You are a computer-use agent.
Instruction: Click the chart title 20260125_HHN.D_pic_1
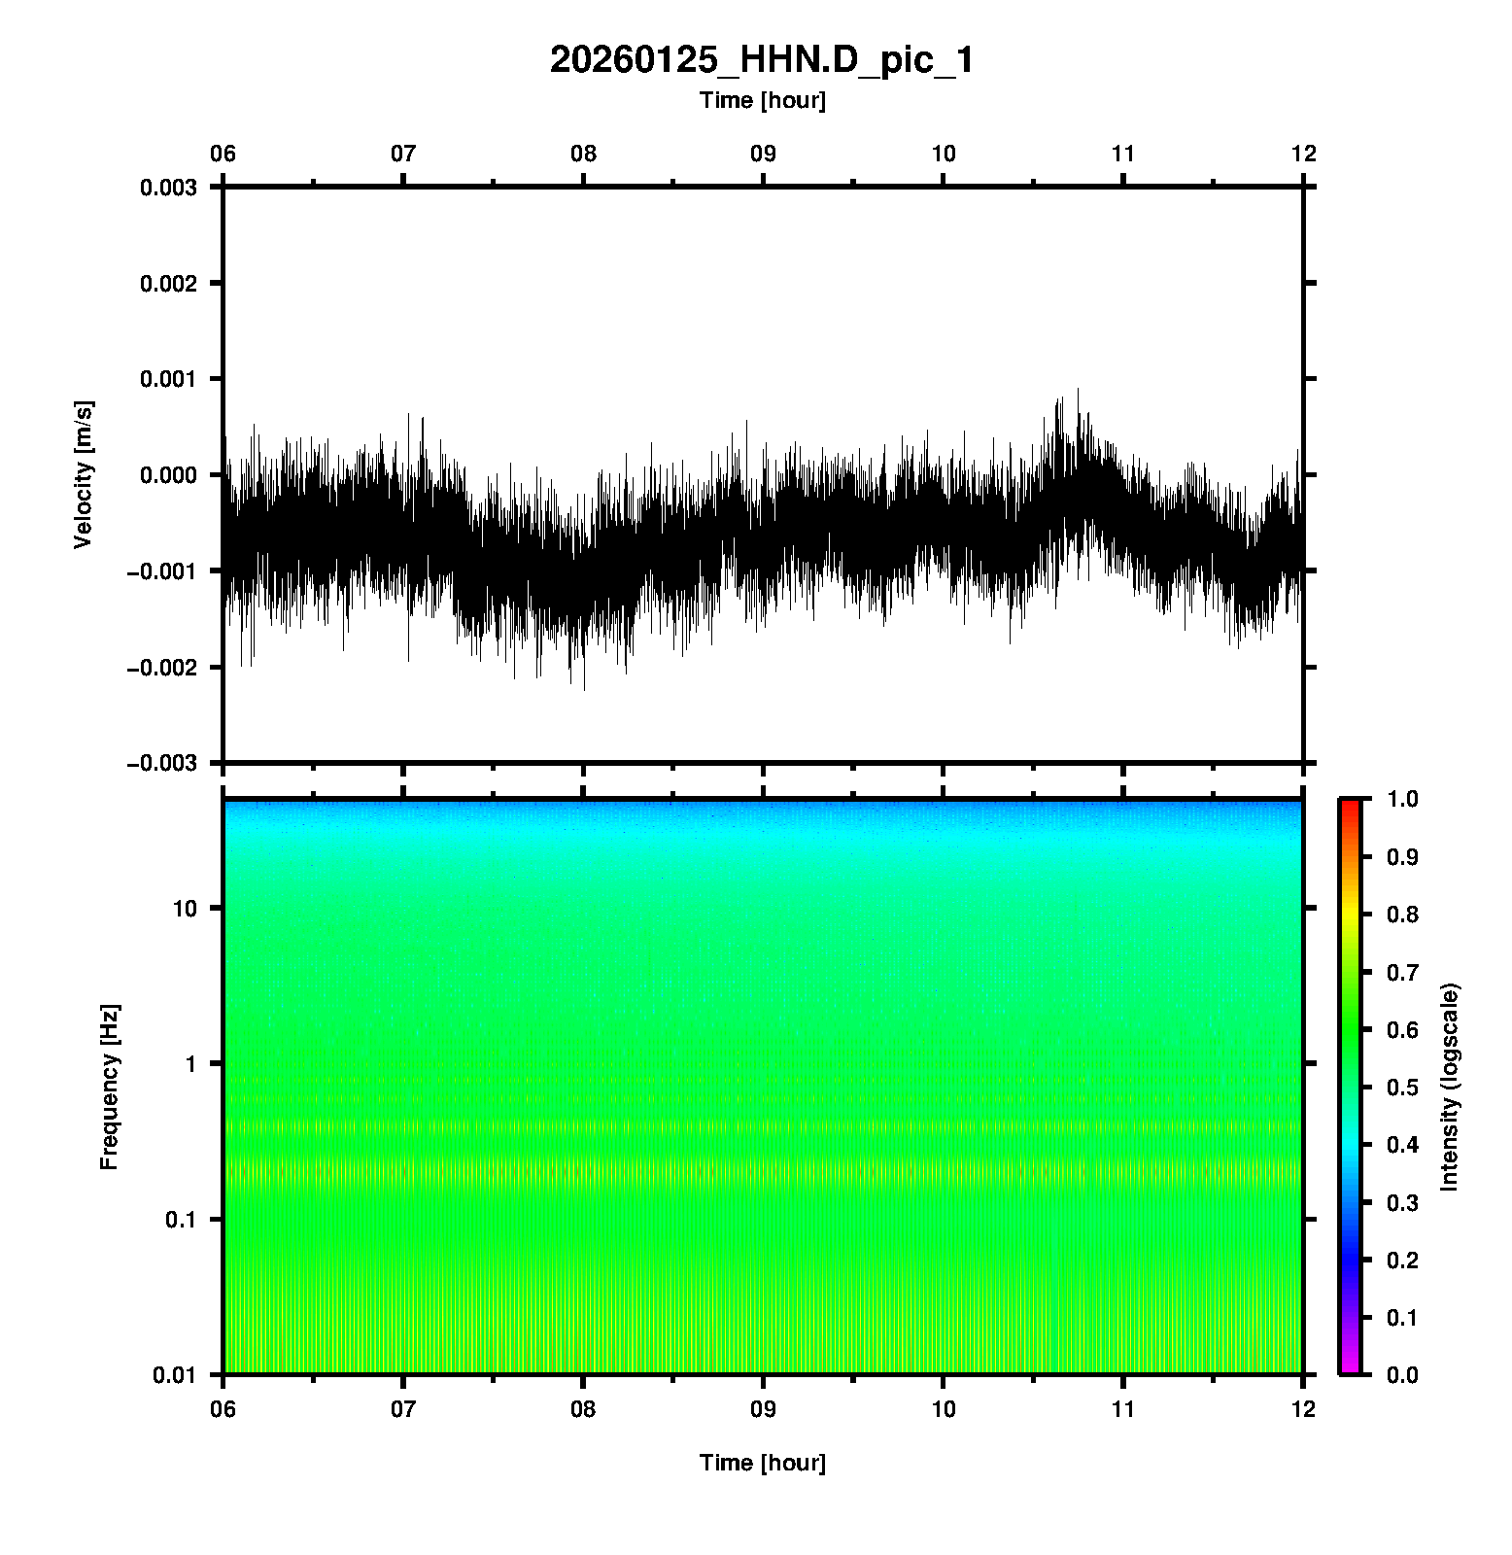(762, 60)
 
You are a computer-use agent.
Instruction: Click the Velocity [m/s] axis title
(85, 474)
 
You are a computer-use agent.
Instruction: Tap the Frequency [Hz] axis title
(109, 1087)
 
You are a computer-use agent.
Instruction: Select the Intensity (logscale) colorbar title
(1450, 1087)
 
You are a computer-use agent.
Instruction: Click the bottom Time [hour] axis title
(762, 1463)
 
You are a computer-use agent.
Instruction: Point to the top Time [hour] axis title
(762, 100)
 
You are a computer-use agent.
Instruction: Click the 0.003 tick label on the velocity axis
(168, 188)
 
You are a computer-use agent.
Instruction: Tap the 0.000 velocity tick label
(168, 475)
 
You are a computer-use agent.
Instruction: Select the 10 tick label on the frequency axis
(185, 909)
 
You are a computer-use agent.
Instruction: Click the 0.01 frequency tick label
(175, 1374)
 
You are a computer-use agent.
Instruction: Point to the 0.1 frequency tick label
(180, 1220)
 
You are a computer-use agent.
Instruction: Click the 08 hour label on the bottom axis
(583, 1409)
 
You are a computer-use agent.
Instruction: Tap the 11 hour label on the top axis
(1123, 154)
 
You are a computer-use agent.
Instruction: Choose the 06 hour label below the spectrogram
(223, 1409)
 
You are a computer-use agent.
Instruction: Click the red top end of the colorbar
(1350, 804)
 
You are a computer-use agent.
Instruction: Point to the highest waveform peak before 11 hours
(1078, 391)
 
